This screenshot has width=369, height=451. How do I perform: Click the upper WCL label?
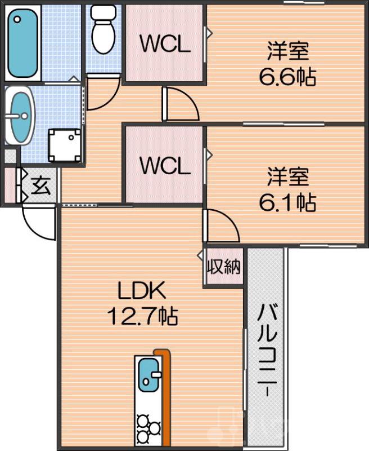point(164,46)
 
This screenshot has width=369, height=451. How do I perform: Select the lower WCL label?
point(164,166)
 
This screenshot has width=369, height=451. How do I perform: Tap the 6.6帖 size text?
point(287,77)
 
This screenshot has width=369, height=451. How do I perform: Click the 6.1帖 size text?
point(287,202)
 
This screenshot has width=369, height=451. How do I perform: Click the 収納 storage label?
point(224,267)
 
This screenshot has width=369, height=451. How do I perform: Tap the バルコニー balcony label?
point(267,350)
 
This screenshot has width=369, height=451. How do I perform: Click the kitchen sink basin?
point(148,374)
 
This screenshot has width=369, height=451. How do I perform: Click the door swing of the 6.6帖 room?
point(180,105)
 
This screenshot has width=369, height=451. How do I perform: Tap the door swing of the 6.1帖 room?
point(221,225)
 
